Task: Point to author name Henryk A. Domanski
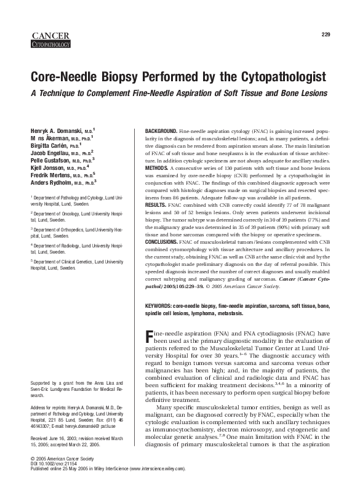(51, 132)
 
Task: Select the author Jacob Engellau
(47, 152)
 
